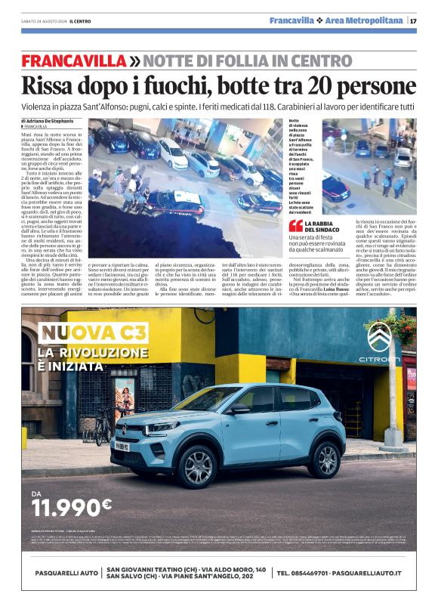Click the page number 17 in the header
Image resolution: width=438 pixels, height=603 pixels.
pyautogui.click(x=413, y=20)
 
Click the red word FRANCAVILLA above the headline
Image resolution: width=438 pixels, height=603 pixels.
pyautogui.click(x=73, y=60)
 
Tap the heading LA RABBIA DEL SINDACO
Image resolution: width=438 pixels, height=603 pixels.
pyautogui.click(x=325, y=225)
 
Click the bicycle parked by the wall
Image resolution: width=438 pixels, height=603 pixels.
pyautogui.click(x=101, y=428)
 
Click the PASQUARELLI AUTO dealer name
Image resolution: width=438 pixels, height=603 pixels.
pyautogui.click(x=60, y=574)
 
